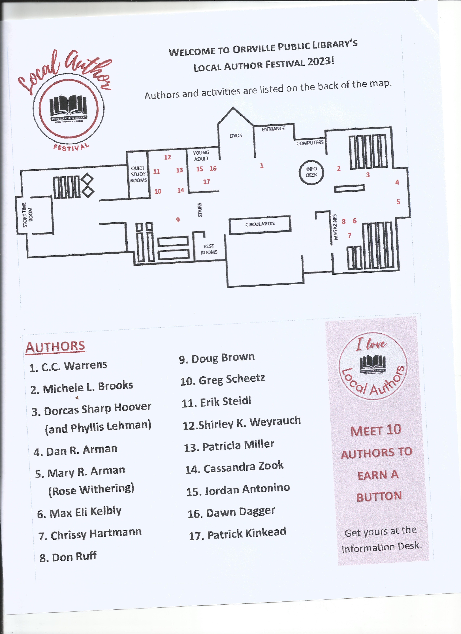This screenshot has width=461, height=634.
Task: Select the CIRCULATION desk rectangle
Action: pos(260,224)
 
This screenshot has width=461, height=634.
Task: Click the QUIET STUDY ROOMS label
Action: pos(138,174)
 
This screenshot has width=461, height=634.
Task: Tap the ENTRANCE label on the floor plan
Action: pos(273,129)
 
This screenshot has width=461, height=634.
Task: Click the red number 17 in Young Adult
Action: pos(206,182)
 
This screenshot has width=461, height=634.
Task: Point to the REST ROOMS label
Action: pos(209,249)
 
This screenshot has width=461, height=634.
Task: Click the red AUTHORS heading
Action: pos(55,347)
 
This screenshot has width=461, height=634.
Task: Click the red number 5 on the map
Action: pos(398,202)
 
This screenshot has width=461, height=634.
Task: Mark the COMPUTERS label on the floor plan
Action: pos(310,143)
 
